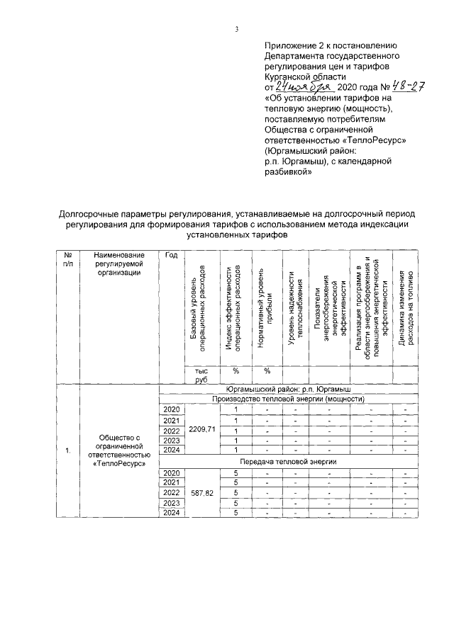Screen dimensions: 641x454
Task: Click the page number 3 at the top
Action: tap(236, 29)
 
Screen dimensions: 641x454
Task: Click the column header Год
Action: tap(170, 256)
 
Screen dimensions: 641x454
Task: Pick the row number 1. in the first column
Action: tap(67, 450)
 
